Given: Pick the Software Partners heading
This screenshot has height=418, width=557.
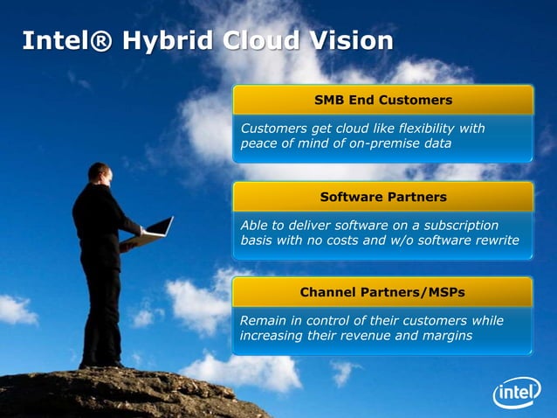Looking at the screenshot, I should coord(382,196).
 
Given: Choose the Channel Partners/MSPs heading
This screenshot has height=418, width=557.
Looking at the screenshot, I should coord(382,291).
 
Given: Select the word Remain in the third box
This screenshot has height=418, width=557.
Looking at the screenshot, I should coord(261,320).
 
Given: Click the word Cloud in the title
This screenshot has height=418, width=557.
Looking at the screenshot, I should coord(259,40).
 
